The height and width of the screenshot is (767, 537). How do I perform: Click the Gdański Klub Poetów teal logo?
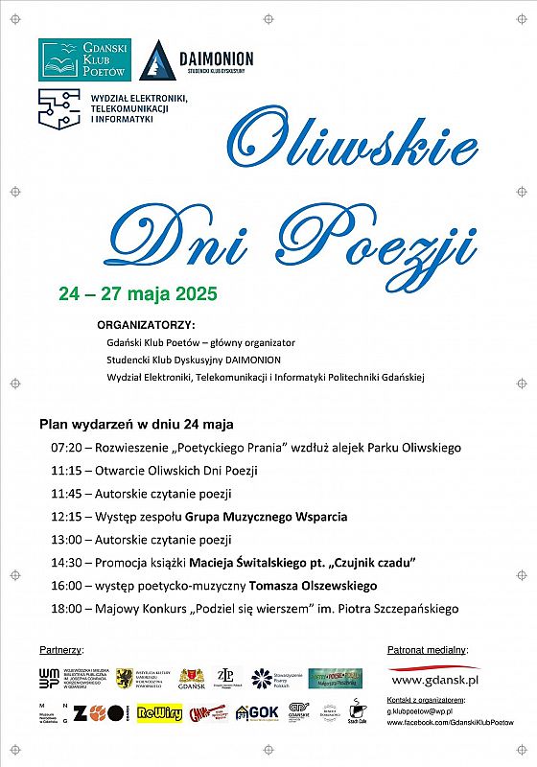pos(84,59)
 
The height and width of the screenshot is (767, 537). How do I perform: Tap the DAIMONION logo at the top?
pos(195,61)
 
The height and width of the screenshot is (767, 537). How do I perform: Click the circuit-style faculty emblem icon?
pos(58,108)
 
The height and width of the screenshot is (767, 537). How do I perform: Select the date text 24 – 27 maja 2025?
pos(138,293)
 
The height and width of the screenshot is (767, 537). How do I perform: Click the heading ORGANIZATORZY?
pos(146,324)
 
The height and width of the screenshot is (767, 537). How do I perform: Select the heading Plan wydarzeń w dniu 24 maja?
pos(137,424)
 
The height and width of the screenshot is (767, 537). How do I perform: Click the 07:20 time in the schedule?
pos(66,448)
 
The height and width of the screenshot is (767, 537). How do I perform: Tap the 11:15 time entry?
pos(66,471)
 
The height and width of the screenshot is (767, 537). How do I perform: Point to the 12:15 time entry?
pos(66,517)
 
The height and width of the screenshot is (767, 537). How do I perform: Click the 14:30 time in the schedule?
pos(66,563)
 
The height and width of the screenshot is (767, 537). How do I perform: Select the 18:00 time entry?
pos(66,609)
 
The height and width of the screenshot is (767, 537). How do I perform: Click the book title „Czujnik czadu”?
pos(374,563)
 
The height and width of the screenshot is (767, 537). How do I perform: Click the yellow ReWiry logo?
pos(159,713)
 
